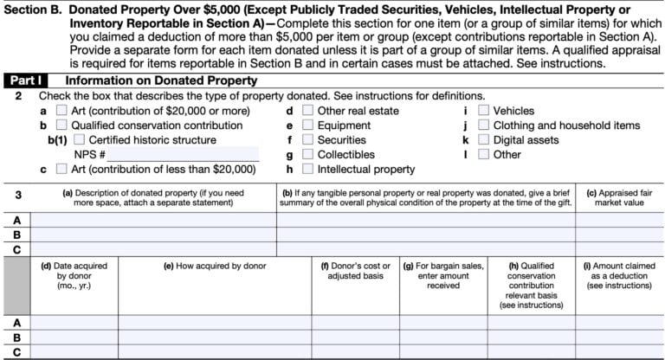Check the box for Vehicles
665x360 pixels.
point(484,111)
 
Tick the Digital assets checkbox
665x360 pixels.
point(484,140)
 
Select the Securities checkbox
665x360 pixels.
point(307,140)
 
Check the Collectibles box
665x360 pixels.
point(307,155)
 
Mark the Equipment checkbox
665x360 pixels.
point(307,125)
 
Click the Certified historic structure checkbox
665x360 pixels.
point(80,140)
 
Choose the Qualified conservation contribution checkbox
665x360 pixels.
point(61,125)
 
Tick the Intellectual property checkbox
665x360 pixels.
point(307,170)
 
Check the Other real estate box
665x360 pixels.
point(307,111)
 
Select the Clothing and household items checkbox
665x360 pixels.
point(484,125)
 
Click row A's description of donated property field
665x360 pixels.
point(153,220)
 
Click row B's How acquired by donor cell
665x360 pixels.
point(214,337)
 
